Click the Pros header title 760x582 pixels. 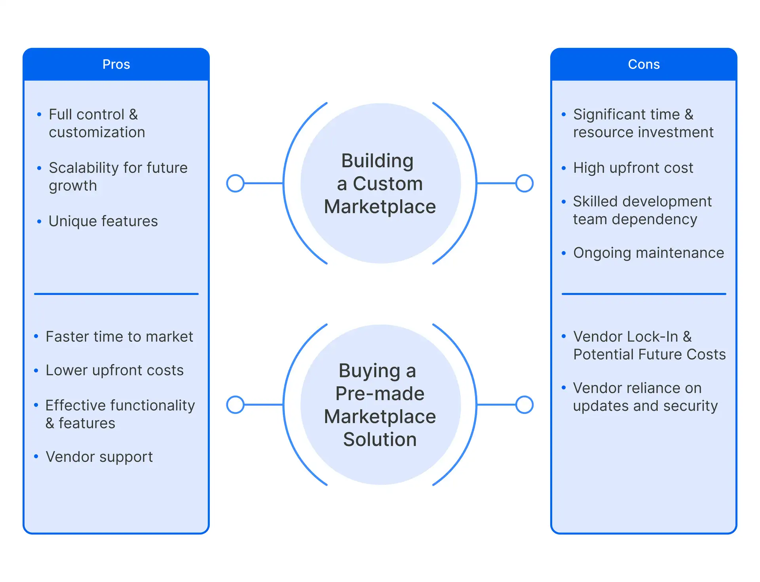click(x=116, y=64)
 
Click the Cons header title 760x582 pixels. click(x=644, y=64)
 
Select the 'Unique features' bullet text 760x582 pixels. click(x=103, y=221)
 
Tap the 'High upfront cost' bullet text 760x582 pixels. click(x=633, y=168)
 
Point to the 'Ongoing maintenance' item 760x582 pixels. click(x=648, y=253)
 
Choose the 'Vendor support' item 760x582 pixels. click(x=99, y=457)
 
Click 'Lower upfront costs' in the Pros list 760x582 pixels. click(x=114, y=370)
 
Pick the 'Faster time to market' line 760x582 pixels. click(x=119, y=337)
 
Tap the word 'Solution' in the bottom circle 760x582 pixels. click(x=380, y=440)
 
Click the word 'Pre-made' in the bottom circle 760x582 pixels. click(x=380, y=394)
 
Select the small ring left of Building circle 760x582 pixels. click(x=236, y=183)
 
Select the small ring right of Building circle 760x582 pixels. click(x=524, y=183)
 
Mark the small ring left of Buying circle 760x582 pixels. click(x=236, y=405)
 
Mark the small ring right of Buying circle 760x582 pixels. click(x=524, y=405)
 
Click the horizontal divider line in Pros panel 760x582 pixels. click(x=116, y=294)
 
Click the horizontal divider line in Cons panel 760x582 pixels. click(x=644, y=294)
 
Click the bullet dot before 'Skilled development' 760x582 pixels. click(x=564, y=202)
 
